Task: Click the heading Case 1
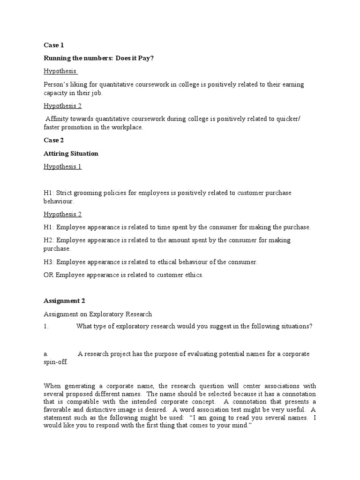[x=53, y=45]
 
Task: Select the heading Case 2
[x=53, y=140]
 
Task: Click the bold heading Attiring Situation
[x=71, y=153]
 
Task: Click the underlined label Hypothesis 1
[x=62, y=166]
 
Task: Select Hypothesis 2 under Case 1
[x=62, y=105]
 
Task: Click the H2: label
[x=49, y=240]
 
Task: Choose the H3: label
[x=49, y=262]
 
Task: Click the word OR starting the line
[x=49, y=275]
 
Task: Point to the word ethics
[x=193, y=275]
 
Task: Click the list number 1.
[x=46, y=327]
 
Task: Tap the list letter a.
[x=45, y=354]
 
